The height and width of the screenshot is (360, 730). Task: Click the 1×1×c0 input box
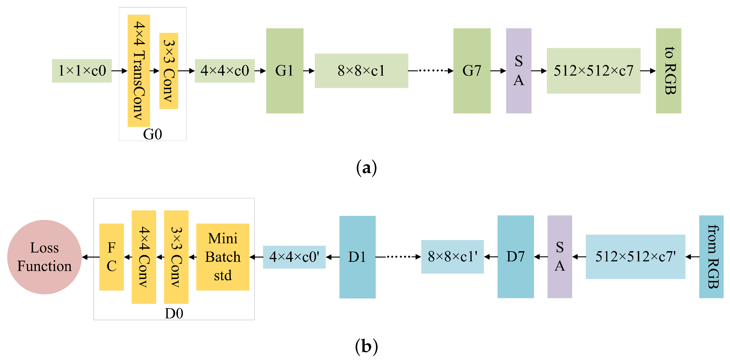tap(82, 71)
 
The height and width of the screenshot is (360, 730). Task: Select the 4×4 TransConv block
tap(139, 71)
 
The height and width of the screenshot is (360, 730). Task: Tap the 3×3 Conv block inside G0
tap(169, 71)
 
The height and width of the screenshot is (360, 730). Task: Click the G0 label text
tap(153, 134)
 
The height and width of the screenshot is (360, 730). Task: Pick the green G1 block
tap(285, 71)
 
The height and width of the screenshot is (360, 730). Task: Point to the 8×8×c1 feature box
tap(361, 71)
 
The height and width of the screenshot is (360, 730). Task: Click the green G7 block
tap(472, 71)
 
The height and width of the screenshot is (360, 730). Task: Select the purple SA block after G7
tap(519, 71)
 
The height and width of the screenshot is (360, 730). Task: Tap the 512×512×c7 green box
tap(594, 71)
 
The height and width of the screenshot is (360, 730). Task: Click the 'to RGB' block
tap(668, 71)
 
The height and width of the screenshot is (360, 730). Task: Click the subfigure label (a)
tap(366, 168)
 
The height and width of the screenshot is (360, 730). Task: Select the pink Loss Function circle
tap(45, 257)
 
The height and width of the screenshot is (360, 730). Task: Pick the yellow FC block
tap(111, 257)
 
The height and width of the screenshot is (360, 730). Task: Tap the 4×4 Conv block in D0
tap(144, 257)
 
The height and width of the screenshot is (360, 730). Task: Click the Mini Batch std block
tap(223, 257)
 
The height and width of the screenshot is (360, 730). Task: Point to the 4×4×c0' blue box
tap(294, 257)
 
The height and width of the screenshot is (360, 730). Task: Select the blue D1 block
tap(357, 257)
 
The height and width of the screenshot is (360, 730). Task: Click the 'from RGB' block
tap(711, 257)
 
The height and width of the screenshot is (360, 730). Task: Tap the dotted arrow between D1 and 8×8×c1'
tap(398, 257)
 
